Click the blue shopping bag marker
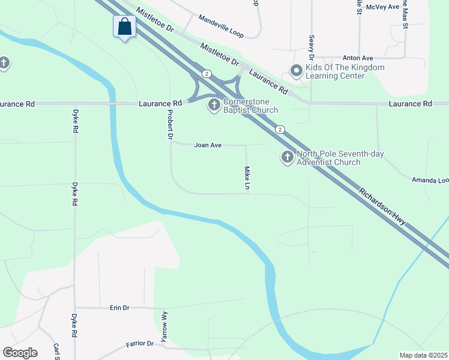pos(124,27)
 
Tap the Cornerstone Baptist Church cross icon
pos(214,106)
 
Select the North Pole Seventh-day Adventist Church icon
pos(288,158)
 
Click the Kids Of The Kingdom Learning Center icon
pos(296,71)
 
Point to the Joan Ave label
pos(208,145)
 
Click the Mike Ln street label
pos(247,179)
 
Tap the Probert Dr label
pos(170,125)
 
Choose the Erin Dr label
pos(119,308)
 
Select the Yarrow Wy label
pos(164,323)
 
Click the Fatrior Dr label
pos(140,344)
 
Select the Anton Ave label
pos(358,58)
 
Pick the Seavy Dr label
pos(312,44)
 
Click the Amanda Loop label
pos(430,180)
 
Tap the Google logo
pos(20,353)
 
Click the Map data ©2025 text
pos(423,355)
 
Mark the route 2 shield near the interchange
pos(206,73)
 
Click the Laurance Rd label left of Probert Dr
pos(160,103)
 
